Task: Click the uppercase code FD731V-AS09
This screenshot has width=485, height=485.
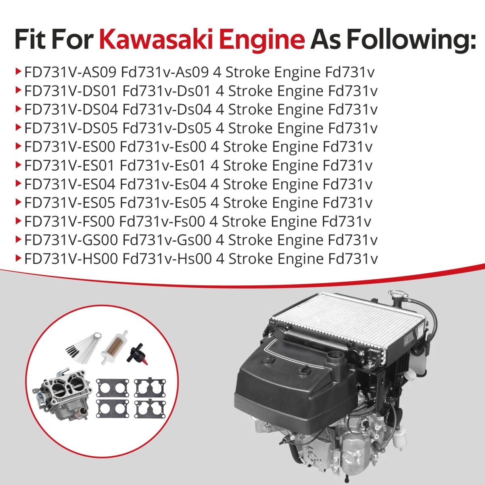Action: pos(70,72)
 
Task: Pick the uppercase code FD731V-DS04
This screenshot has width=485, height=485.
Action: pos(71,110)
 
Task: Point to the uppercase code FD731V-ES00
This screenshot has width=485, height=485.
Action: pos(70,147)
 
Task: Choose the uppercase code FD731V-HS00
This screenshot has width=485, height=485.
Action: pos(71,259)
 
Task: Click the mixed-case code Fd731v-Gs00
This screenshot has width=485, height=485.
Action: pos(167,240)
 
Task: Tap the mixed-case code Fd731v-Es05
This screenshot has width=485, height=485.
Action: pos(163,203)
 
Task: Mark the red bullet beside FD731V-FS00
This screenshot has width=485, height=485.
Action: pos(18,221)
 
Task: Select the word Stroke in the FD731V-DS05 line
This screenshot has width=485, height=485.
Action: pos(251,128)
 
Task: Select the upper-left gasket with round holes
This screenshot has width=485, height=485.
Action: pos(112,388)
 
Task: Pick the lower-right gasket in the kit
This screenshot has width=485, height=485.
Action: pos(150,409)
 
